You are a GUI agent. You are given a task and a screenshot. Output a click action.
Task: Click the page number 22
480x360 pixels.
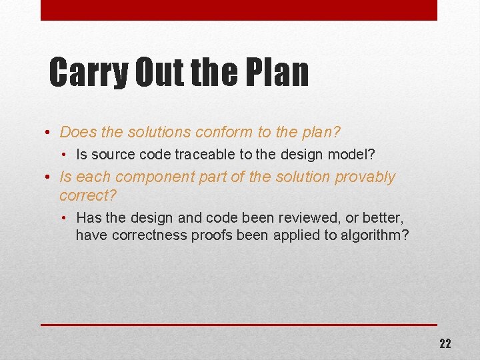445,344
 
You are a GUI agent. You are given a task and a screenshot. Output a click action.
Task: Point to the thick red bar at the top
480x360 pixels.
239,10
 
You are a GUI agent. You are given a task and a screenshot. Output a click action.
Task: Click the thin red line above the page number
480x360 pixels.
239,325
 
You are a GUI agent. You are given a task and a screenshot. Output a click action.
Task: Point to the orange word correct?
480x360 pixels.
87,195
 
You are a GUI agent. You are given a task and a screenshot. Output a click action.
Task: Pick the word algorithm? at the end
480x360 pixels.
375,235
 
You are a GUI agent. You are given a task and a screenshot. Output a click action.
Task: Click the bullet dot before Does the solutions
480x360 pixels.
49,133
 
